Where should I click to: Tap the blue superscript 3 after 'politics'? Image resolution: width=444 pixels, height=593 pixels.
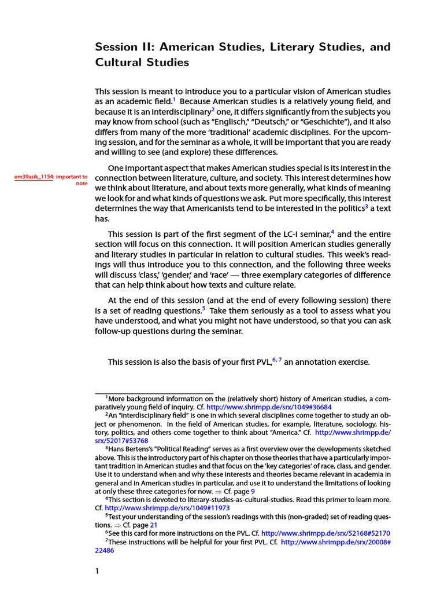coord(366,206)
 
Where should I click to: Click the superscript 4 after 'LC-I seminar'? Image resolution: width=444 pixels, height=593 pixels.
coord(332,232)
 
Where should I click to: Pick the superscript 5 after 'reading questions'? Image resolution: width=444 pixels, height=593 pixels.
coord(203,309)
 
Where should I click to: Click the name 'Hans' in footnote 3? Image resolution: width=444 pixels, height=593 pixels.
coord(117,449)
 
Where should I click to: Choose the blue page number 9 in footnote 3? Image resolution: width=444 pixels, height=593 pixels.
coord(253,490)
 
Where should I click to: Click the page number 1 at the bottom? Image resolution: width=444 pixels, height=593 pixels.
coord(97,571)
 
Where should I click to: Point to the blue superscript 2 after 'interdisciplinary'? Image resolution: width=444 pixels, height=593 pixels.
coord(213,109)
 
